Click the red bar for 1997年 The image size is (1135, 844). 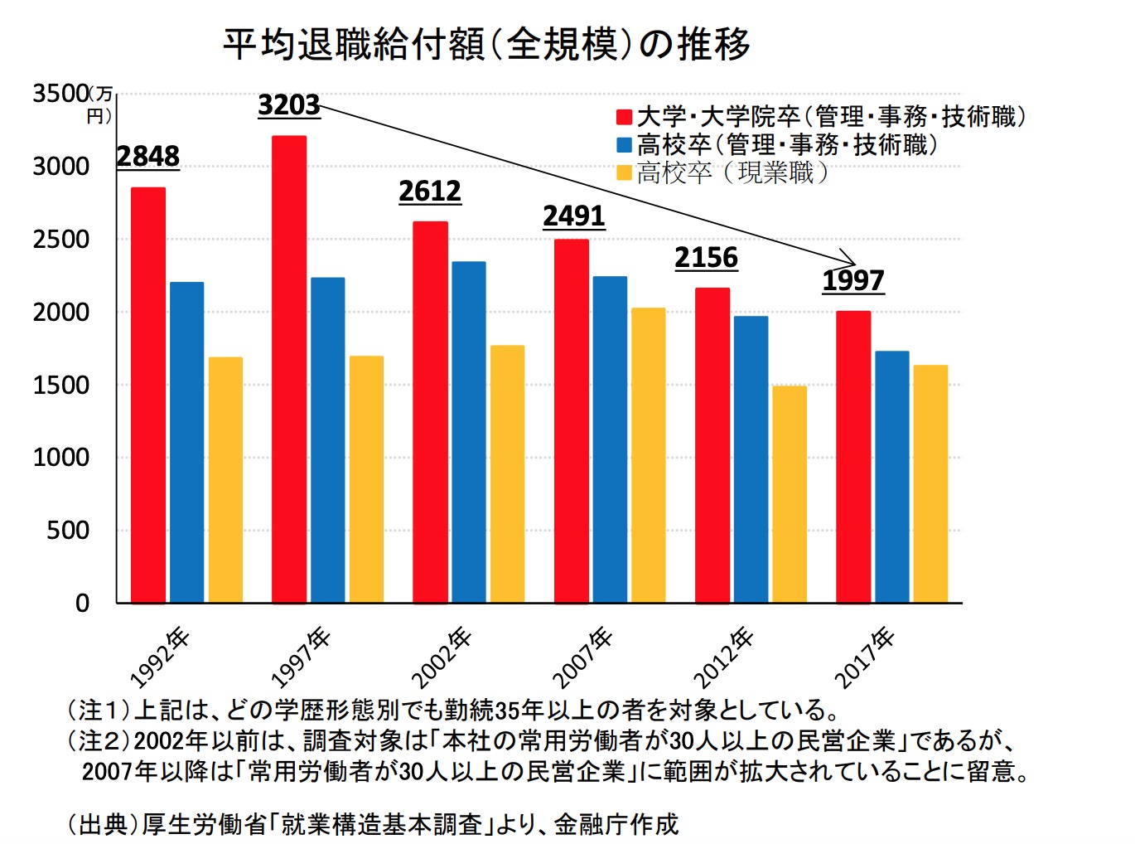[289, 369]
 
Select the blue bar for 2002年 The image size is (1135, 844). [469, 432]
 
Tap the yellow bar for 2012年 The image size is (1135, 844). [790, 494]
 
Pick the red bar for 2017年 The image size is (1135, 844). [853, 457]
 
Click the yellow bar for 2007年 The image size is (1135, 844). [648, 455]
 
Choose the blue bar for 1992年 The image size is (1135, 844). [186, 442]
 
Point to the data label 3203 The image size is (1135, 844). [288, 105]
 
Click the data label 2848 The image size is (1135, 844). [147, 156]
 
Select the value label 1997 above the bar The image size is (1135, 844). [853, 280]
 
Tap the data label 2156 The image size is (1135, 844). [706, 258]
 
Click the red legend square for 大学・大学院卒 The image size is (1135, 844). [625, 118]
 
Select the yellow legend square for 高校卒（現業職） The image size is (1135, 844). [625, 173]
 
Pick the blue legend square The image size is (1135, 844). [625, 145]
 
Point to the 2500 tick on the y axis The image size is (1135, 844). [60, 240]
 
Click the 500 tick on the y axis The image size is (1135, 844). [68, 531]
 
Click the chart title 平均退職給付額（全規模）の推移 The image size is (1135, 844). [486, 44]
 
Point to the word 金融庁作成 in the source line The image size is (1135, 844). [616, 824]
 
